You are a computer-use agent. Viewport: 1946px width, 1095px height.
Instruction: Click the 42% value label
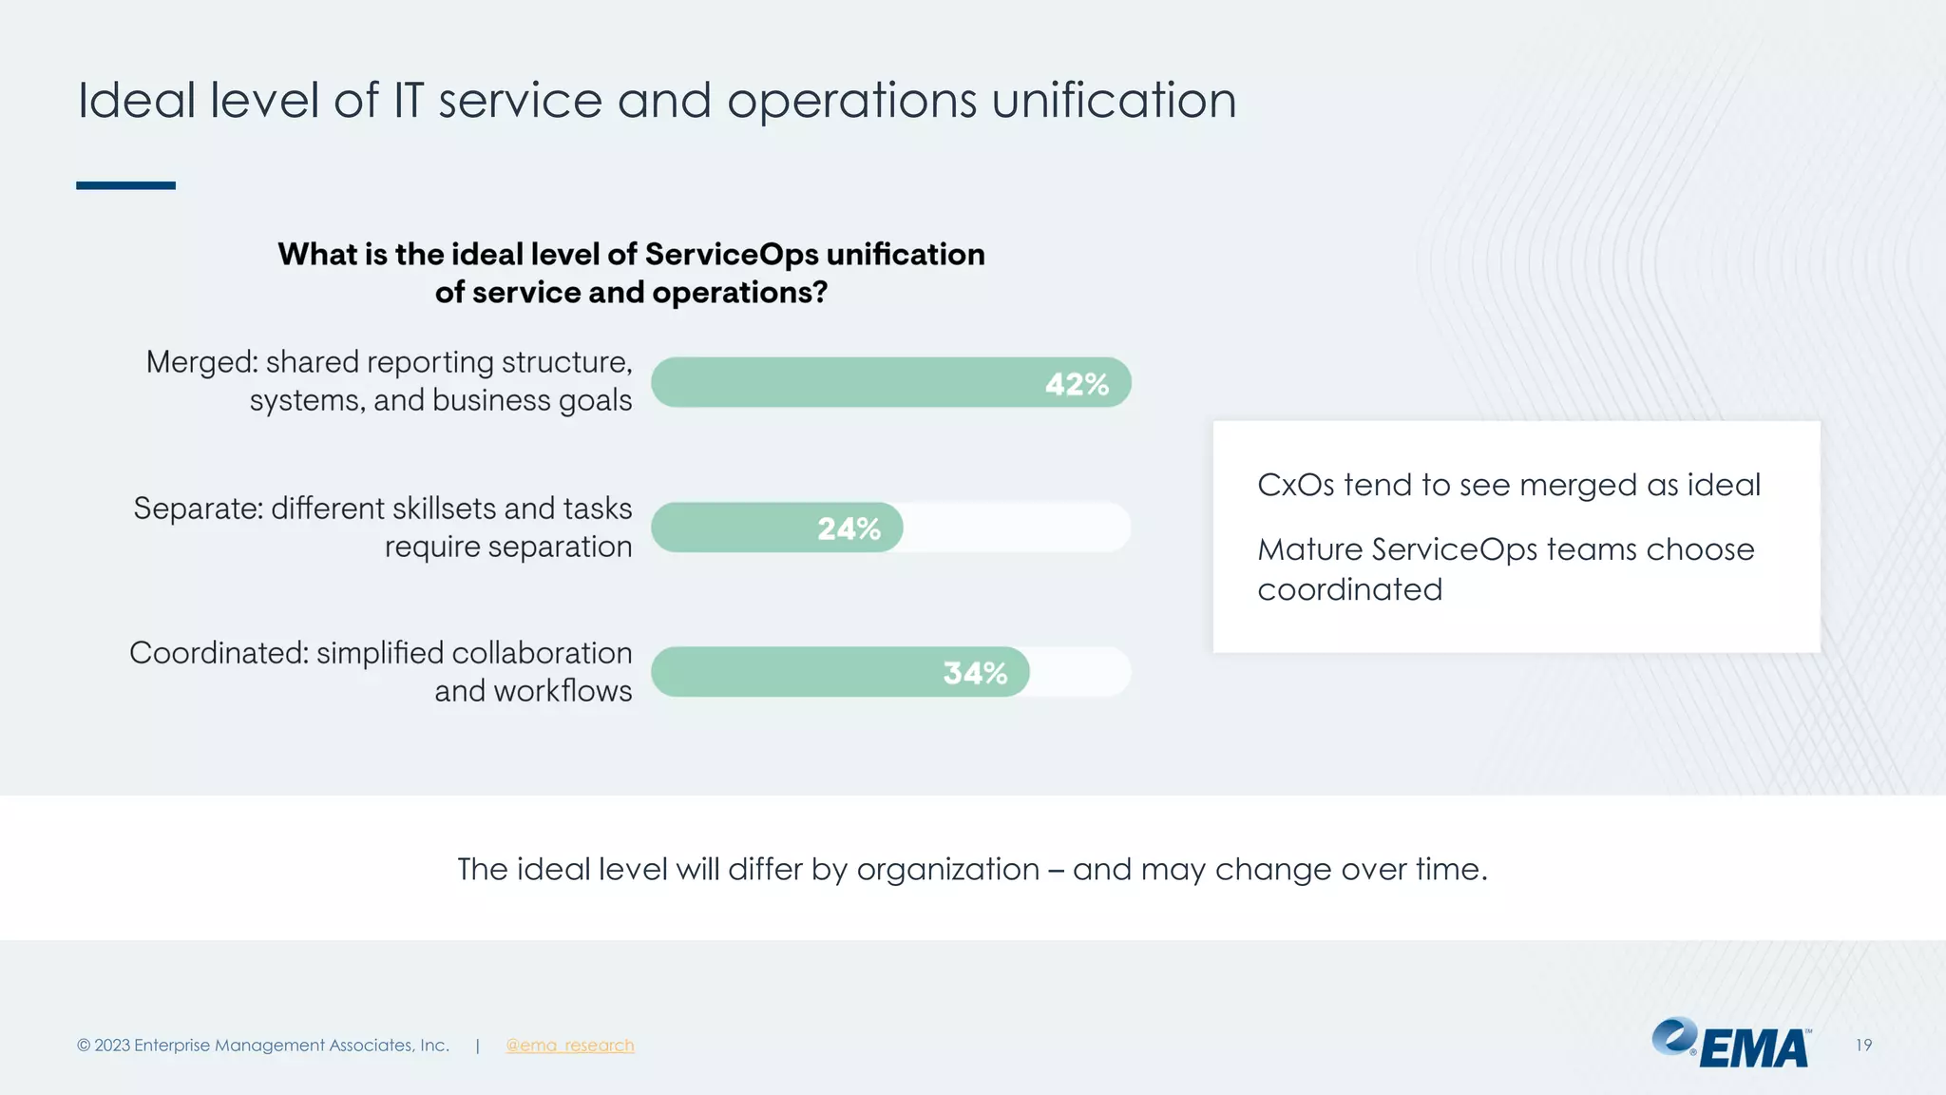pos(1077,384)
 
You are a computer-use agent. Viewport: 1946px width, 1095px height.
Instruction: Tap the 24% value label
pos(849,528)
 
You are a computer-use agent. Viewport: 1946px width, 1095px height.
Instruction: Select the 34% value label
pos(975,673)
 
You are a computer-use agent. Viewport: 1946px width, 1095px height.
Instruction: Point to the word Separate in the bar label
pos(198,509)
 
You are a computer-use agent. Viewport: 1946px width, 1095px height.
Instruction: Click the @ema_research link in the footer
pos(569,1046)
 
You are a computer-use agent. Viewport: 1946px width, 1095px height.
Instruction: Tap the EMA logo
pos(1731,1044)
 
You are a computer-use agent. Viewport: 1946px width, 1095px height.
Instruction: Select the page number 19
pos(1862,1046)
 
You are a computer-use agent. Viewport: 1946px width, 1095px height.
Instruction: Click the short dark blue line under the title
pos(125,185)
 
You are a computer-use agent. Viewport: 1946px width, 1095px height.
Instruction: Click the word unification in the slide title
pos(1114,101)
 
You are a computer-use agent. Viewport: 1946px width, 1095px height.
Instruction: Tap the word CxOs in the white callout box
pos(1295,486)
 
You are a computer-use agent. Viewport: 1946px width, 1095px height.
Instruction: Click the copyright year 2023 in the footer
pos(112,1046)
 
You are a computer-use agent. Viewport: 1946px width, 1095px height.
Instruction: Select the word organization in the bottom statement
pos(947,870)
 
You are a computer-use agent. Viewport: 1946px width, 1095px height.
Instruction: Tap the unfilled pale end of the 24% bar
pos(1017,528)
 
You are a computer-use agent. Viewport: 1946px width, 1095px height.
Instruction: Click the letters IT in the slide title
pos(408,101)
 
